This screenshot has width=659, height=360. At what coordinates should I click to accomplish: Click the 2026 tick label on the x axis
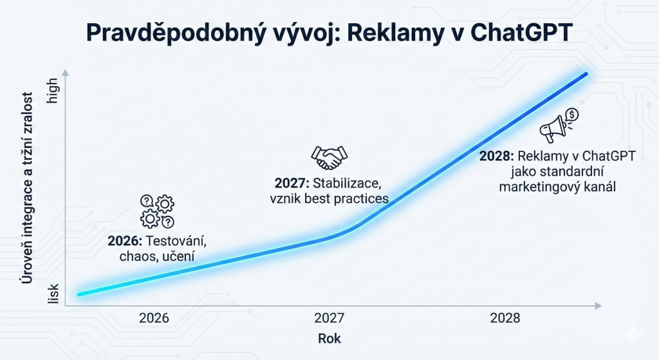(154, 318)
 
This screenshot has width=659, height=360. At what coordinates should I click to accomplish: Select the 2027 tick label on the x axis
(329, 318)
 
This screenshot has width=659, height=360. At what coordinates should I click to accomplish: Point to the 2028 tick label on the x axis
(505, 318)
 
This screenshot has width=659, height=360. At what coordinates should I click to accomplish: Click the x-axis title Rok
(329, 338)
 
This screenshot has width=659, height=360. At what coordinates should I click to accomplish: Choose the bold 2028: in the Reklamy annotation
(496, 156)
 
